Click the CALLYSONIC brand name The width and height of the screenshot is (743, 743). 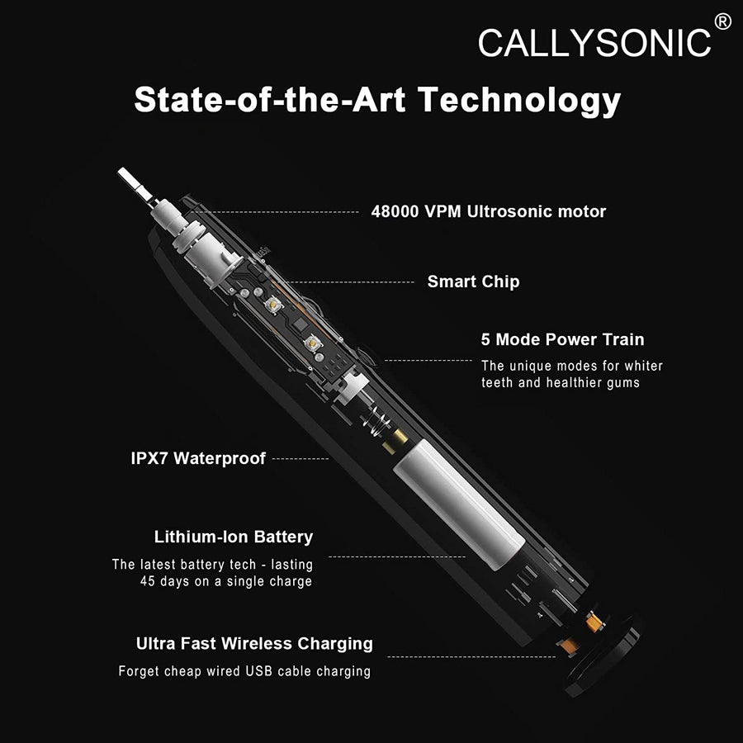[594, 43]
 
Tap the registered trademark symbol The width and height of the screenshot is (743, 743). [722, 21]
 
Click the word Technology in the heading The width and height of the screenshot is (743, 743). [519, 101]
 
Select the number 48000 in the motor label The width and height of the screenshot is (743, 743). [395, 211]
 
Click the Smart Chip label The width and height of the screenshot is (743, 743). [473, 282]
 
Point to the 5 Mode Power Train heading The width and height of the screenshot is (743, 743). [562, 339]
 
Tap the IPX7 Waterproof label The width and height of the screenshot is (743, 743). [198, 458]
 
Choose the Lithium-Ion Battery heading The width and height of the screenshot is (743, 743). [234, 537]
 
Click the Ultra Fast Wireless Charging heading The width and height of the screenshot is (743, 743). [254, 643]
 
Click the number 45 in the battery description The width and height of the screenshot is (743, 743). [148, 581]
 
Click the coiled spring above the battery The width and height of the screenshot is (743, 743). [376, 419]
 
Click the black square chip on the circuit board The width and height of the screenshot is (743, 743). [301, 324]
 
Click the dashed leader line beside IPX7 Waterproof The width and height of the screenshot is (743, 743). [301, 459]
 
